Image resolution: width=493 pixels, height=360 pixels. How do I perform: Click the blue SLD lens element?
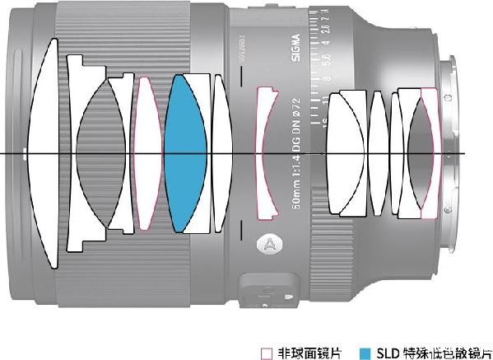(184, 154)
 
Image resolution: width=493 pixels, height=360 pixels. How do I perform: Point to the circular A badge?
(267, 244)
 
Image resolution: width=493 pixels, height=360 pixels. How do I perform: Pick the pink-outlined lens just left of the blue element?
(147, 154)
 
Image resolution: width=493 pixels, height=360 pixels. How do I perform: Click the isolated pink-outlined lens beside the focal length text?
(264, 154)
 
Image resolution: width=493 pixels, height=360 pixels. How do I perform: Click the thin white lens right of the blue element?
(219, 154)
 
